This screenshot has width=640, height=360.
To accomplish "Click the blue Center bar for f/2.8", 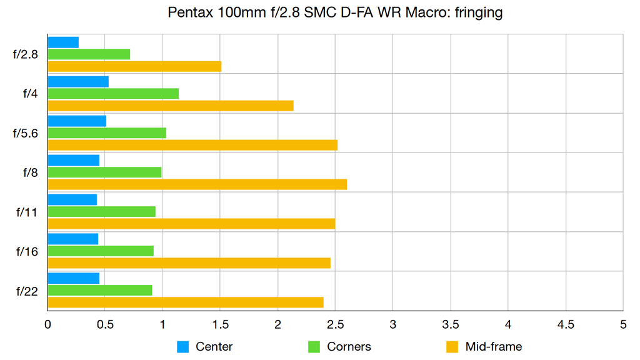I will click(63, 42).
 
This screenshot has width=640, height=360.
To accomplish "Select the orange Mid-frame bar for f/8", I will click(197, 184).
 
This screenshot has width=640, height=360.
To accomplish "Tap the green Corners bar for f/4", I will click(113, 94).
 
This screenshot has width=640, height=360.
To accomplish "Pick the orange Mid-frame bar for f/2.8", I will click(134, 66).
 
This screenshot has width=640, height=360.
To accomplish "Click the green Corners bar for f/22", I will click(100, 290).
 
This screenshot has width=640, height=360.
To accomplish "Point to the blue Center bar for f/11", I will click(72, 199).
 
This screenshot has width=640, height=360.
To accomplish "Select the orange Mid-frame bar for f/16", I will click(189, 263).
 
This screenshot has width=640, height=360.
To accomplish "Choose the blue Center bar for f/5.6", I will click(77, 121).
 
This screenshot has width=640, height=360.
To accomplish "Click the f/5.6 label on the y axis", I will click(26, 133).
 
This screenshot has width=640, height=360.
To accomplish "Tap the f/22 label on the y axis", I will click(27, 291).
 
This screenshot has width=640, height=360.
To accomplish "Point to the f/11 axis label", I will click(27, 212).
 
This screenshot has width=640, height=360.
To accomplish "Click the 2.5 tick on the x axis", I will click(336, 325).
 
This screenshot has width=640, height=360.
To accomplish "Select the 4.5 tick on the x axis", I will click(566, 325).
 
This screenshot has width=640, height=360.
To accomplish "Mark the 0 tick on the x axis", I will click(48, 325).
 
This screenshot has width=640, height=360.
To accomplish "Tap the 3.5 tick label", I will click(451, 325).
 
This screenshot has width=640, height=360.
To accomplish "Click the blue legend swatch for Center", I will click(182, 347).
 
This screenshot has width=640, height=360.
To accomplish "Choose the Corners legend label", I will click(349, 347).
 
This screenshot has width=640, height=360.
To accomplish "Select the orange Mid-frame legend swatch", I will click(452, 347).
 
